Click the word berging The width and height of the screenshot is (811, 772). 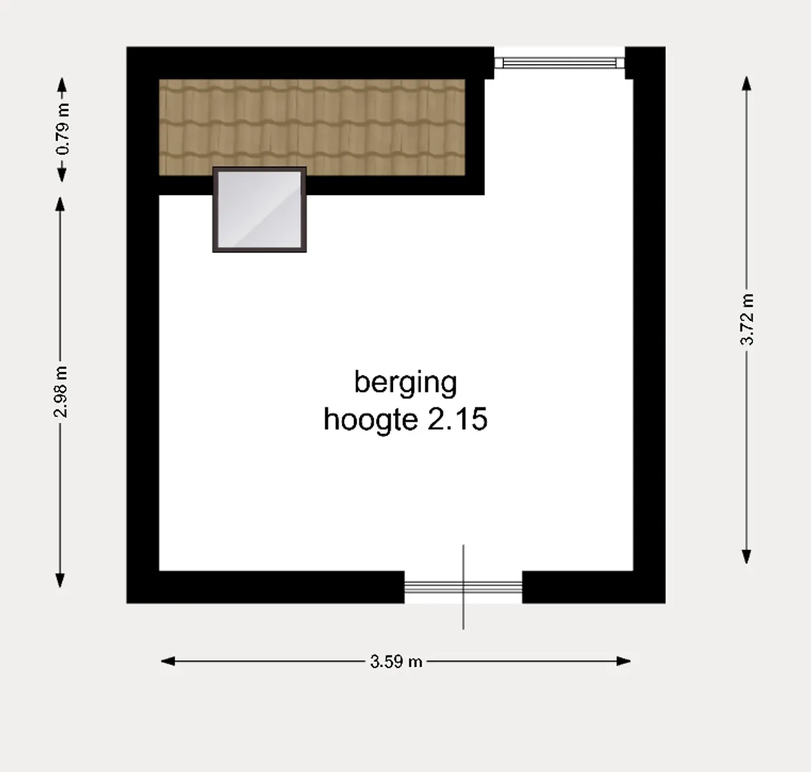tap(406, 383)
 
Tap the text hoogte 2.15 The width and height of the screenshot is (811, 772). tap(406, 419)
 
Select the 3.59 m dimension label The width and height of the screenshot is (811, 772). tap(396, 661)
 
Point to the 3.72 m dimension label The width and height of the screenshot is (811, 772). tap(747, 320)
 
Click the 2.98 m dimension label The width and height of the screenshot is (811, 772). tap(61, 392)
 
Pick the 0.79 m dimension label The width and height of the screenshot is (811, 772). tap(62, 129)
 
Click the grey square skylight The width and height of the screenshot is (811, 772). tap(259, 209)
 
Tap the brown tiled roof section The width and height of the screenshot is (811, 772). tap(312, 127)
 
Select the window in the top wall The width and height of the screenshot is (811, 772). tap(559, 63)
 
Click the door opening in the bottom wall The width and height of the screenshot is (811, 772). tap(463, 588)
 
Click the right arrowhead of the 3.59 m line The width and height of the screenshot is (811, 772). tap(624, 661)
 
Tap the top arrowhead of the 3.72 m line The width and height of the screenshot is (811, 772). tap(747, 84)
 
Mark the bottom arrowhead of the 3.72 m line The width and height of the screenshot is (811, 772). tap(747, 557)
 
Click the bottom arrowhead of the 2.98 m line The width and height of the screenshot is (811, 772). tap(60, 580)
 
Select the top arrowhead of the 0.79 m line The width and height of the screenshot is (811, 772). tap(61, 85)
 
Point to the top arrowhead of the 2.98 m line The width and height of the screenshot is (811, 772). tap(60, 204)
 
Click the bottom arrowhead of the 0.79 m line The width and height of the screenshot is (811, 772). tap(61, 175)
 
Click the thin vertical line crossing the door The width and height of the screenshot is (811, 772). tap(463, 587)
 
